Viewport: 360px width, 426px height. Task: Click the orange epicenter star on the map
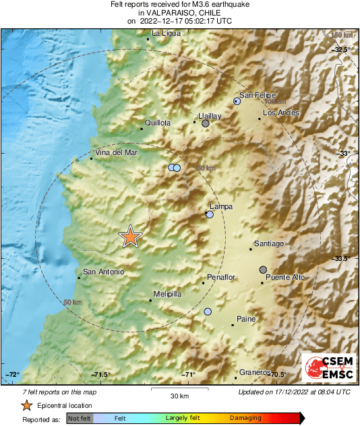[x=131, y=237]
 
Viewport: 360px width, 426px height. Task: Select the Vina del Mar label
[x=116, y=152]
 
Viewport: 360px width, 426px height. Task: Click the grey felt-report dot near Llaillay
[x=206, y=123]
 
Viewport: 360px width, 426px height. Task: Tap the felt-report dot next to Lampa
[x=210, y=214]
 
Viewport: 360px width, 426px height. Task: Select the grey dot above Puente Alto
[x=263, y=270]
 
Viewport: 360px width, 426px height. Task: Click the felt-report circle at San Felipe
[x=237, y=101]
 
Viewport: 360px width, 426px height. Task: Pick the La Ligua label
[x=166, y=33]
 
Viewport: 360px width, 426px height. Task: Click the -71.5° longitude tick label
[x=102, y=375]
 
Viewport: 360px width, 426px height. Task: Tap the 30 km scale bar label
[x=179, y=395]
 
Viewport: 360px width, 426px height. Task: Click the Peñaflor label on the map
[x=221, y=277]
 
